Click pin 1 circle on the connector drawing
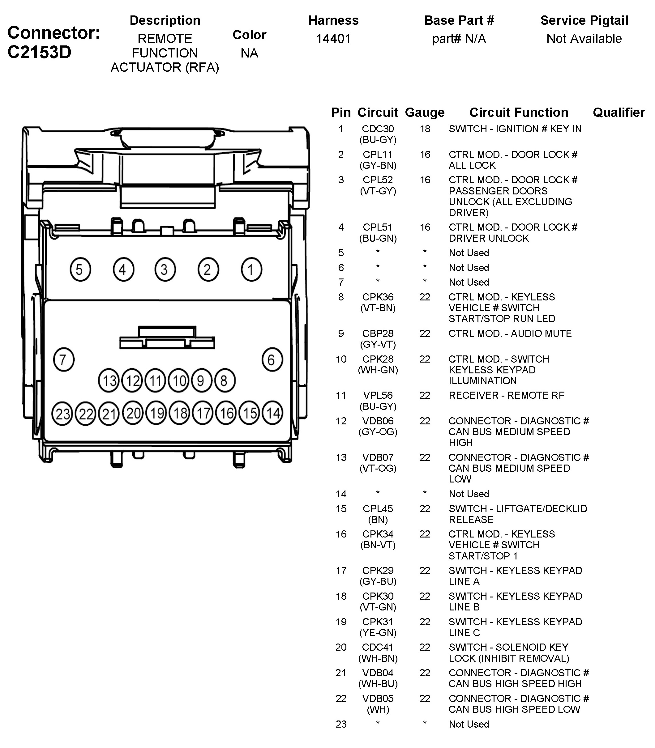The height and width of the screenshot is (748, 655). (251, 270)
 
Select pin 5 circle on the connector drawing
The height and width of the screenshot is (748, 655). (80, 270)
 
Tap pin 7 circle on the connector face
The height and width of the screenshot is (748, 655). (64, 360)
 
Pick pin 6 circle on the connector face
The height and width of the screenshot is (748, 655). (272, 360)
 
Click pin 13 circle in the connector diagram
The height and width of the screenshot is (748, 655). (109, 380)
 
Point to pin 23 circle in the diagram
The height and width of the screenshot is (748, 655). (62, 414)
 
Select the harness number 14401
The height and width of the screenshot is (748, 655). (333, 38)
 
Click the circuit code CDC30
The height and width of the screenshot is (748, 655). (378, 129)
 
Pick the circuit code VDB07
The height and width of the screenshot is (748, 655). (378, 457)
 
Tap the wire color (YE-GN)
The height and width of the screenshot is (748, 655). (378, 633)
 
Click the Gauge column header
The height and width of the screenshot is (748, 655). (425, 113)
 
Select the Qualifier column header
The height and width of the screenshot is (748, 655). (619, 113)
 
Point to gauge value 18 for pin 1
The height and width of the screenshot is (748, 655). (425, 129)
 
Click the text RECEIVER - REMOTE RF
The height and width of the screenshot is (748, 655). (506, 395)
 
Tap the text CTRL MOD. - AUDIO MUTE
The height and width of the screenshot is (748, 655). (510, 334)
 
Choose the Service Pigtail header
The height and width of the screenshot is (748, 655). (584, 20)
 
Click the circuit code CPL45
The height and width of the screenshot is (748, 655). (378, 509)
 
